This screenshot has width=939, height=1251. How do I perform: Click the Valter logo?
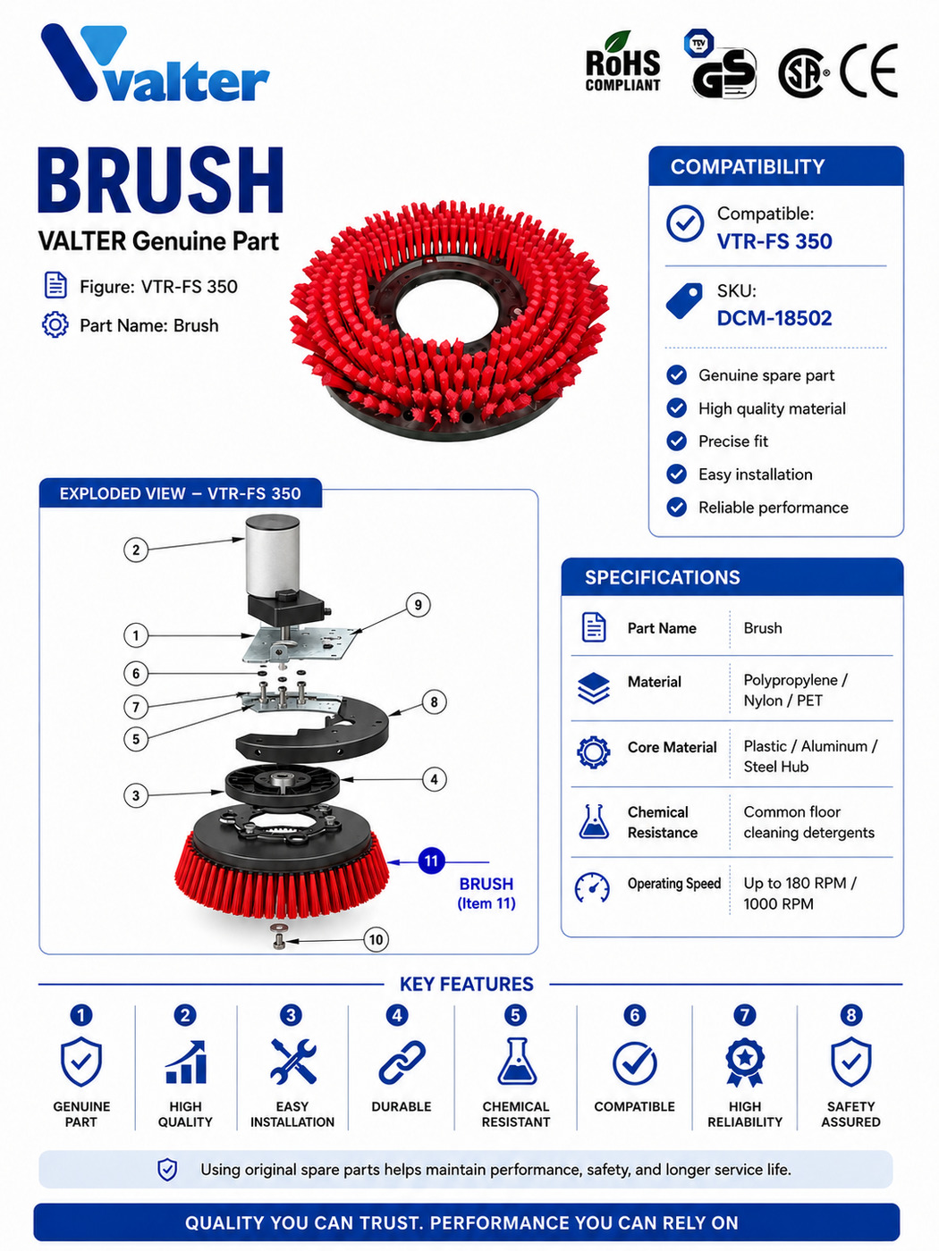(155, 63)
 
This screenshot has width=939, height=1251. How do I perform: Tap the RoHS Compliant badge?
(622, 62)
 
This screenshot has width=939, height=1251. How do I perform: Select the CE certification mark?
(869, 71)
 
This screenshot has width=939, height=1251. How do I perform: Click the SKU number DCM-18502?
(774, 318)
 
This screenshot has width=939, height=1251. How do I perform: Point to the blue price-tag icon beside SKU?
(684, 300)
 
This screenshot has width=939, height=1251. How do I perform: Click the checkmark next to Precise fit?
(676, 441)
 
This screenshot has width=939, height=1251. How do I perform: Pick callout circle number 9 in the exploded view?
(418, 605)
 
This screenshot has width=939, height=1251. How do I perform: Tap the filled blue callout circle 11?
(431, 861)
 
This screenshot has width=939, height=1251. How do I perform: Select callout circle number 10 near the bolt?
(376, 940)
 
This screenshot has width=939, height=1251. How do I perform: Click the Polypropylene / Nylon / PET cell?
(795, 690)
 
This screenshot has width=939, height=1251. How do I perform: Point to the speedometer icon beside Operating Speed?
(592, 888)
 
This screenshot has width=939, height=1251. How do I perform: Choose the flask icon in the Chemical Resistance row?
(594, 821)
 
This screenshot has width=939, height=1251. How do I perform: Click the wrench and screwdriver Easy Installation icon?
(292, 1062)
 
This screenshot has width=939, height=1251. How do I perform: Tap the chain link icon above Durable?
(402, 1062)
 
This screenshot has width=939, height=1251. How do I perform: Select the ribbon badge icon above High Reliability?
(745, 1062)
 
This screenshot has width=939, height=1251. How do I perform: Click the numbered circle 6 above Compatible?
(634, 1015)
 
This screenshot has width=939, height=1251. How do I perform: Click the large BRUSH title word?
(160, 181)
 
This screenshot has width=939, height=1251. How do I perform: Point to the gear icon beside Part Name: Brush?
(55, 325)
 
